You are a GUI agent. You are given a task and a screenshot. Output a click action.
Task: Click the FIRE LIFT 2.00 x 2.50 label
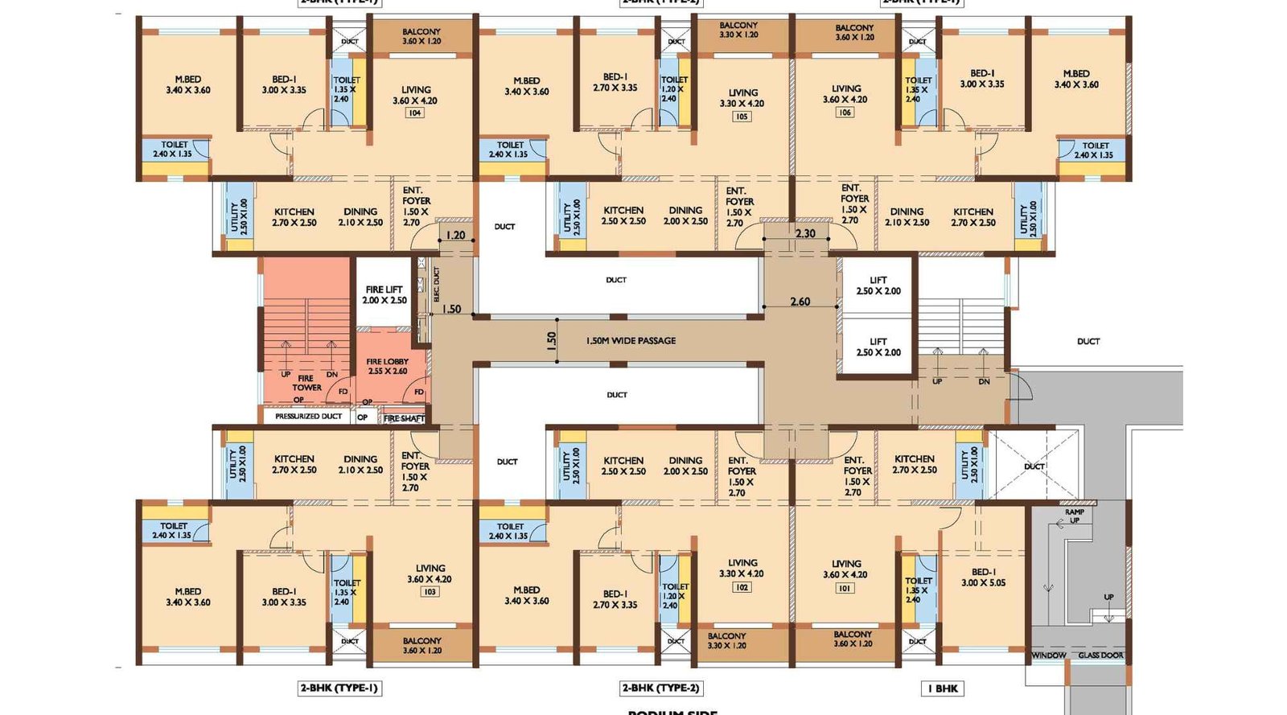[384, 294]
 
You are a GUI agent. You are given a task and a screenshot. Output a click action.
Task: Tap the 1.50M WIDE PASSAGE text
[631, 341]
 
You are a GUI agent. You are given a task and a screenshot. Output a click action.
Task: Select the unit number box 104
[415, 113]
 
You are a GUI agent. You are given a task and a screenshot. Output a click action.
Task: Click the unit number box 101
[845, 588]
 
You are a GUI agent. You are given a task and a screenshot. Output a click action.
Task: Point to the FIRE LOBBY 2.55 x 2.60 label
[388, 367]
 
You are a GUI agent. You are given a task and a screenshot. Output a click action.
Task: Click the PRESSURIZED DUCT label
[309, 417]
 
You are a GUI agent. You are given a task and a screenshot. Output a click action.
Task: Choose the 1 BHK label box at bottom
[943, 688]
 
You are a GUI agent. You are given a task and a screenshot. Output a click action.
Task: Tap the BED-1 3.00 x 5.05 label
[983, 577]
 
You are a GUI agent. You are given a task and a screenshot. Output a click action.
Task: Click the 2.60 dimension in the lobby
[800, 302]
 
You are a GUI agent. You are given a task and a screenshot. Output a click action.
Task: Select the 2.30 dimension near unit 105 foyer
[805, 233]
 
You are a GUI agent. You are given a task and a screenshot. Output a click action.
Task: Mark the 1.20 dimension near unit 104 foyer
[455, 235]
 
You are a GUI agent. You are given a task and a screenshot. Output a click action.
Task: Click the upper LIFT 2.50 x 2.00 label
[878, 286]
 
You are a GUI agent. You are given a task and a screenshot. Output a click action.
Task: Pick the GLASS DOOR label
[1101, 655]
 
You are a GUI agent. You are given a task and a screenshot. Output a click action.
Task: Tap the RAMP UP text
[1074, 516]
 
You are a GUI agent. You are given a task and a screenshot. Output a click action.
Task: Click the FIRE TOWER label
[306, 383]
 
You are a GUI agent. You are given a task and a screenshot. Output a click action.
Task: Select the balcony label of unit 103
[421, 646]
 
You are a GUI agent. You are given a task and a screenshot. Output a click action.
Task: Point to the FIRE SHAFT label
[404, 418]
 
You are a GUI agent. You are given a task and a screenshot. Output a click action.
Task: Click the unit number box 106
[845, 113]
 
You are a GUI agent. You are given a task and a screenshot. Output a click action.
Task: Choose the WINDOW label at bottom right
[1049, 655]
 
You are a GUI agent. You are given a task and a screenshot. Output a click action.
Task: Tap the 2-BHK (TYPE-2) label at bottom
[661, 688]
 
